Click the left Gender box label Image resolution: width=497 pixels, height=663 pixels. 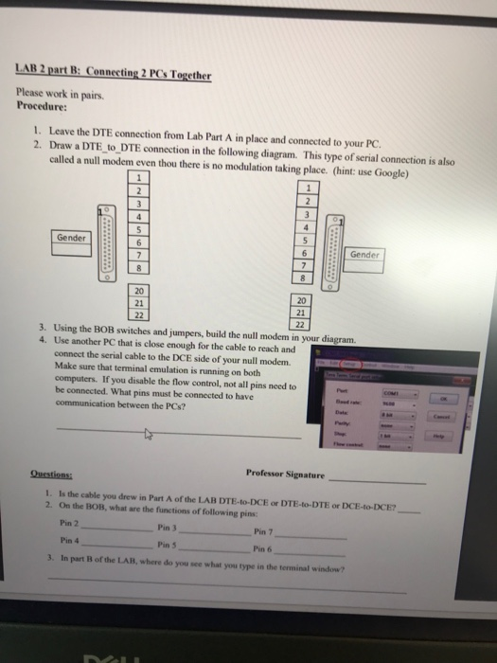[71, 237]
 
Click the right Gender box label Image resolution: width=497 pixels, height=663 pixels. [364, 255]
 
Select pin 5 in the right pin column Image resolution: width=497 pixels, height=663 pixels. [302, 240]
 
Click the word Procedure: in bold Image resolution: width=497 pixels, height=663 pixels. [41, 107]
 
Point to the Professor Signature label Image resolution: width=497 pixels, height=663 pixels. [284, 474]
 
